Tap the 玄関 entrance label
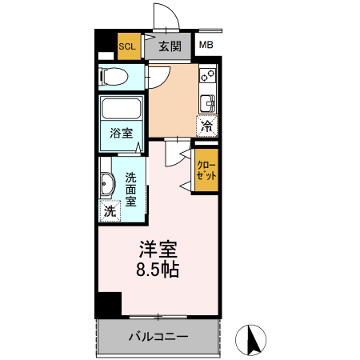coord(169,46)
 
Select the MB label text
coord(206,46)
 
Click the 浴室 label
coord(121,134)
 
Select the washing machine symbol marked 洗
coord(110,212)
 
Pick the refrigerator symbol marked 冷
coord(206,126)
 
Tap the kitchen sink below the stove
coord(207,103)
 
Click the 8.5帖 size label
coord(156,269)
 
